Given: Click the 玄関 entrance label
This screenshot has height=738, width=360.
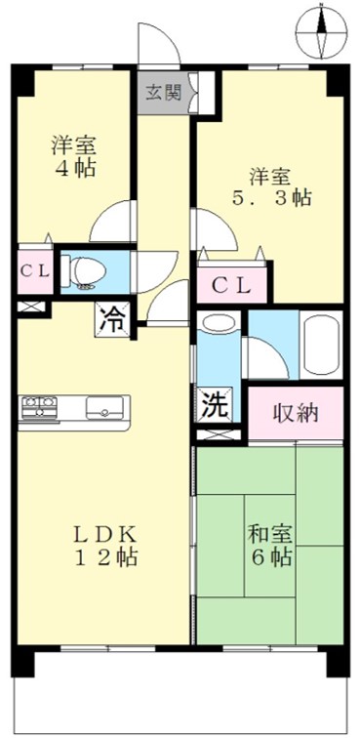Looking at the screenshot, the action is [x=162, y=93].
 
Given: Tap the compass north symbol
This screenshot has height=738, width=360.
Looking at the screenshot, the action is [x=321, y=32].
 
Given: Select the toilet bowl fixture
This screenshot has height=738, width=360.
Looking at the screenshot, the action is [x=84, y=271].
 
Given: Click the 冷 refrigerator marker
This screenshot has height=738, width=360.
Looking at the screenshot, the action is [x=113, y=320].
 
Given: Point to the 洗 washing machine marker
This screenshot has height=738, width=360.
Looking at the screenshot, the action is [x=214, y=403].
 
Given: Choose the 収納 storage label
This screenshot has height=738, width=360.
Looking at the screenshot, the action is [x=296, y=413].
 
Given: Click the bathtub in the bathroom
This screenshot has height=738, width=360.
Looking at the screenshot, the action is [x=321, y=345].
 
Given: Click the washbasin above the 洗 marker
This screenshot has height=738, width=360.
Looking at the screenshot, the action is [x=218, y=323].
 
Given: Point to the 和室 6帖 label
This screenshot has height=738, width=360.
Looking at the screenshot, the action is [x=270, y=546].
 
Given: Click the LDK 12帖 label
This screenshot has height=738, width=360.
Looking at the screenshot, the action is [x=104, y=547].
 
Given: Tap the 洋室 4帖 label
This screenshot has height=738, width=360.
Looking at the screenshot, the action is [x=74, y=156].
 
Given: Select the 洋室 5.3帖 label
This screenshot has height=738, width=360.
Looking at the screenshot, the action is [x=271, y=187].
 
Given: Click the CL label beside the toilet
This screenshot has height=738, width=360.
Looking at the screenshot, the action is [x=35, y=271].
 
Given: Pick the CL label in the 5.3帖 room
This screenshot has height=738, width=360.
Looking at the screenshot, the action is [x=231, y=284].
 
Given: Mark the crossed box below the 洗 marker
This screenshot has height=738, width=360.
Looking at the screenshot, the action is [x=218, y=435].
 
